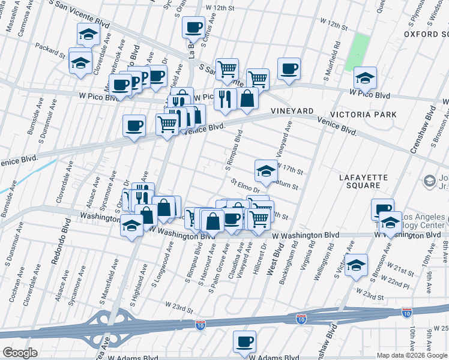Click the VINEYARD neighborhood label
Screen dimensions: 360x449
point(292,111)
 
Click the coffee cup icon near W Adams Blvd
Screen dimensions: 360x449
point(244,342)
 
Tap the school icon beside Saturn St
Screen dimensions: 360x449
point(266,170)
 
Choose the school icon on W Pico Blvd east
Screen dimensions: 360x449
point(365,77)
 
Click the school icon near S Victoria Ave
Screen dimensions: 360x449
point(356,264)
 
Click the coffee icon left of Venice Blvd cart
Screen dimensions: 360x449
point(134,125)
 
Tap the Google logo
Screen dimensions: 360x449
point(20,353)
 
